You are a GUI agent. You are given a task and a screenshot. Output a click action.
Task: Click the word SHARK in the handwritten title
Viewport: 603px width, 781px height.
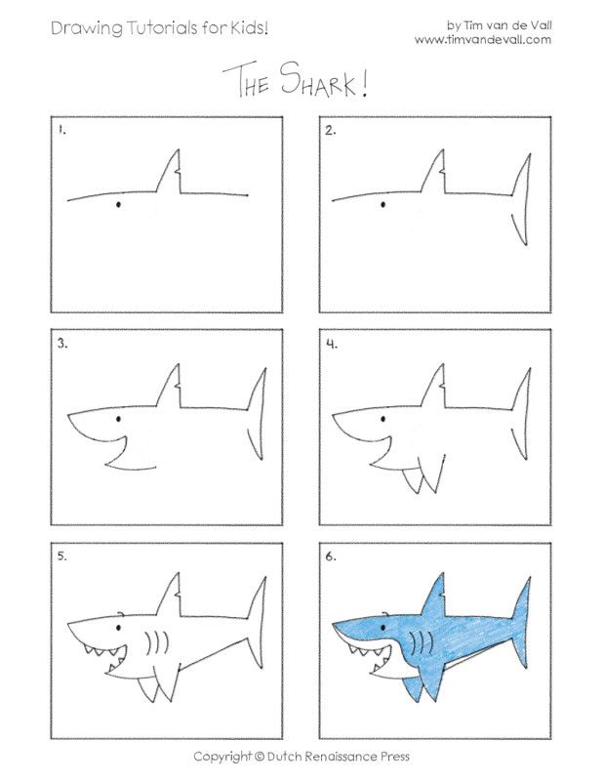pyautogui.click(x=330, y=82)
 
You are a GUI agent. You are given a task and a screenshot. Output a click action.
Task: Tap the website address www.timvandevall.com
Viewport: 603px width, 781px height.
pyautogui.click(x=483, y=40)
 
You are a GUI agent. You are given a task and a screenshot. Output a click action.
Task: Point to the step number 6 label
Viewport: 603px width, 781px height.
pyautogui.click(x=332, y=555)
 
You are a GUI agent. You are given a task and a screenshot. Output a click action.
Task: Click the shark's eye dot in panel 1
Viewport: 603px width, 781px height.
pyautogui.click(x=119, y=205)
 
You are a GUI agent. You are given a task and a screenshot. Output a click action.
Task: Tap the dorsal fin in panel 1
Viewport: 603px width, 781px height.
pyautogui.click(x=174, y=175)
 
